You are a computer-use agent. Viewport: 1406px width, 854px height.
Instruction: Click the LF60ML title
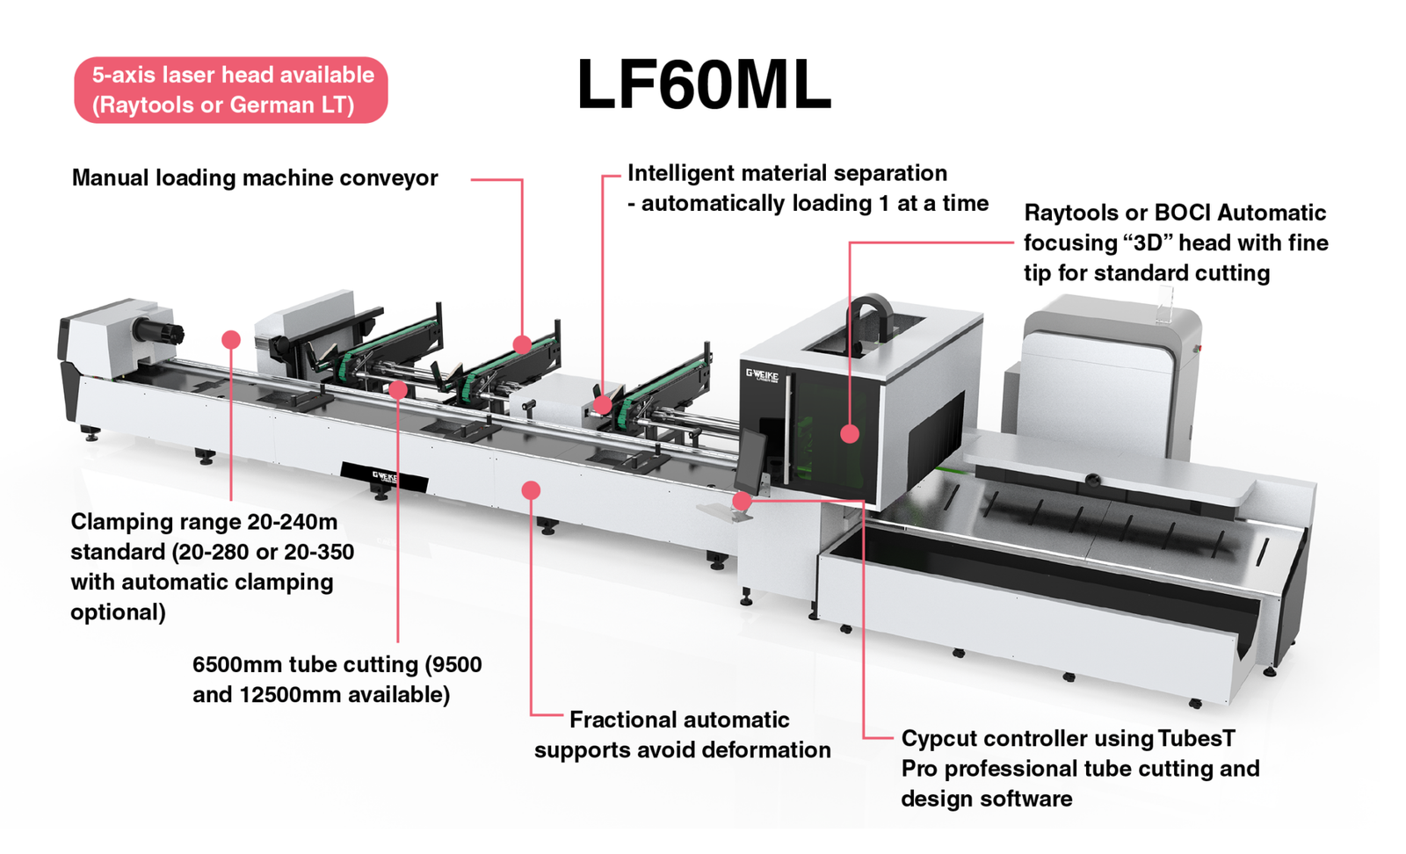click(x=703, y=85)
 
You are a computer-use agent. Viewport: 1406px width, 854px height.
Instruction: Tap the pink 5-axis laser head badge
click(x=231, y=90)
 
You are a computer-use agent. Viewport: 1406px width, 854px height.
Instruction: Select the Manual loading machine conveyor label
click(x=254, y=178)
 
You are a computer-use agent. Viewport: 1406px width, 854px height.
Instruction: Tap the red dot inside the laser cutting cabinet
click(x=849, y=433)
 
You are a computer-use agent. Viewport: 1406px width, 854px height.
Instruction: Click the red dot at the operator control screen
click(x=742, y=501)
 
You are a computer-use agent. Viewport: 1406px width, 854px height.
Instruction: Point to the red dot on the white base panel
click(x=531, y=489)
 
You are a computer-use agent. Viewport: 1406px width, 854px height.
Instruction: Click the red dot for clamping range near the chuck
click(x=231, y=340)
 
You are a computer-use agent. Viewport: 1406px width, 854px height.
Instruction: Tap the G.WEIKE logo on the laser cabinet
click(x=762, y=374)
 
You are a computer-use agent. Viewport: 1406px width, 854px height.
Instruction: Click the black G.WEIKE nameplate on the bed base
click(x=385, y=477)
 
